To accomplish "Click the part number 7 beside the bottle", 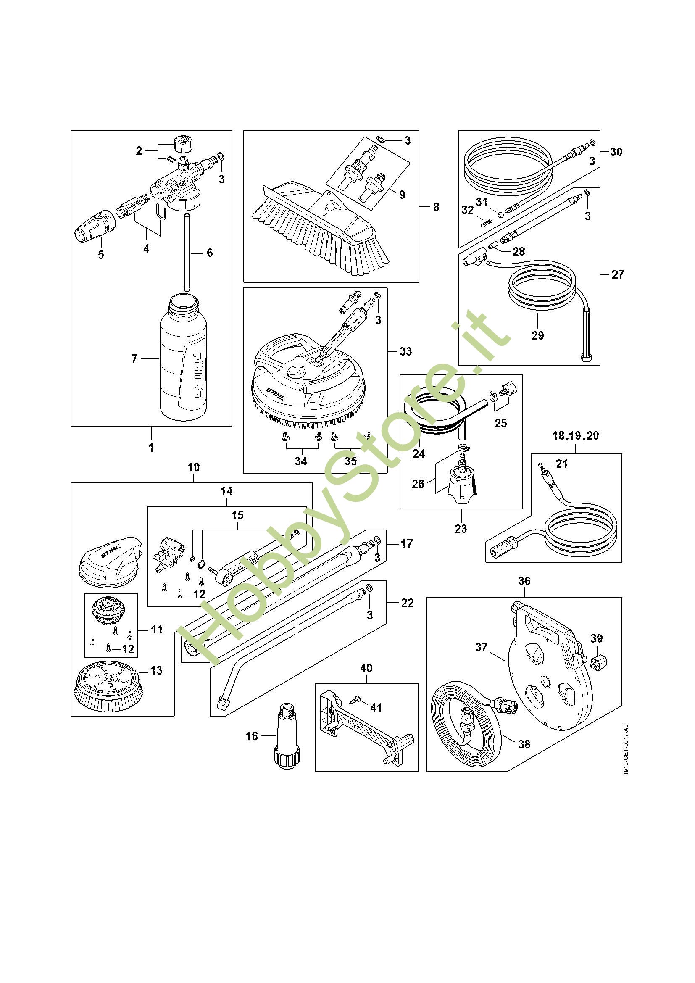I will pyautogui.click(x=134, y=358).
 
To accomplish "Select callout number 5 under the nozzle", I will pyautogui.click(x=100, y=255).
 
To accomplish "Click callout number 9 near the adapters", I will pyautogui.click(x=402, y=195).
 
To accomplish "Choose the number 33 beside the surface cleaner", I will pyautogui.click(x=405, y=351).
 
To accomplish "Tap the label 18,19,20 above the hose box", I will pyautogui.click(x=576, y=436).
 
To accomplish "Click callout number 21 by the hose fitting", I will pyautogui.click(x=561, y=463).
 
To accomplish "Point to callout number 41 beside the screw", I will pyautogui.click(x=376, y=707).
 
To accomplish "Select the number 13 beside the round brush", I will pyautogui.click(x=157, y=670).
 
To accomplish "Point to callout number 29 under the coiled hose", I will pyautogui.click(x=537, y=335).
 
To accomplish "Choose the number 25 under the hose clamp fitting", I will pyautogui.click(x=500, y=423).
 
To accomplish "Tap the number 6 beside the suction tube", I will pyautogui.click(x=209, y=253).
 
